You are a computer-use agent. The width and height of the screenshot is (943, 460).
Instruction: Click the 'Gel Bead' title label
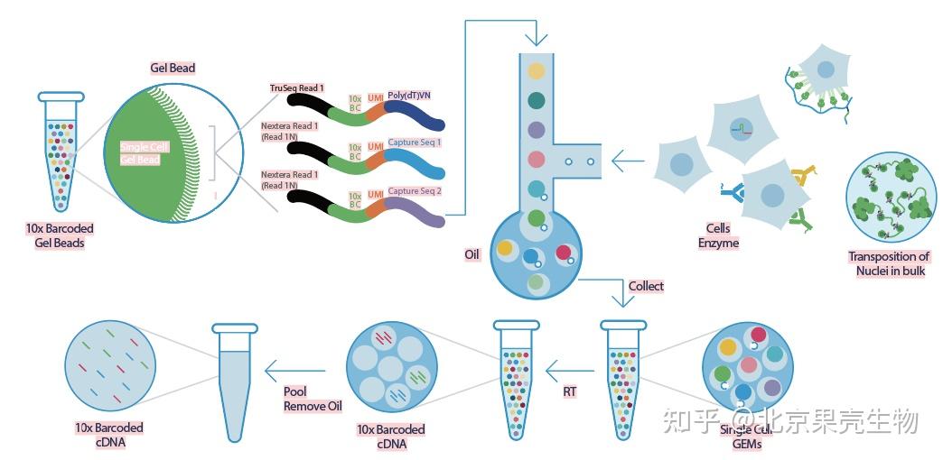[x=172, y=68]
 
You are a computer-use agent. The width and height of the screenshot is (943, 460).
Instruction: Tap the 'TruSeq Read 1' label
[x=297, y=88]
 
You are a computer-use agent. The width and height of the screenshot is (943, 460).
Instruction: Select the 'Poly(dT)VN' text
[x=409, y=94]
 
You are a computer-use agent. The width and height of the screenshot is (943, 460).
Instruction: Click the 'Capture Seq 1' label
[x=415, y=143]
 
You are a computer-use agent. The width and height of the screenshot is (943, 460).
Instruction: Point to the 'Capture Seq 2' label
[x=415, y=191]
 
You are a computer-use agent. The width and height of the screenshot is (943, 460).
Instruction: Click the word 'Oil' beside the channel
[x=471, y=255]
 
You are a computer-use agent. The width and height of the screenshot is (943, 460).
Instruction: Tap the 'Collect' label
[x=646, y=286]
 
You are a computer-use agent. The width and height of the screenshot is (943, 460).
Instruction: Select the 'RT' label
[x=569, y=392]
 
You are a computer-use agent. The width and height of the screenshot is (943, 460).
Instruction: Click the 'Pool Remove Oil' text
[x=313, y=399]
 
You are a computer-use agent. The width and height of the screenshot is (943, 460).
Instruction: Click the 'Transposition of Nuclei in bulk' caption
[x=889, y=263]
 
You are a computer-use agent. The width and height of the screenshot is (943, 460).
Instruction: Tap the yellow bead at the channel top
[x=537, y=70]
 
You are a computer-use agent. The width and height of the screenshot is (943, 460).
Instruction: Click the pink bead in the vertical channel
[x=537, y=160]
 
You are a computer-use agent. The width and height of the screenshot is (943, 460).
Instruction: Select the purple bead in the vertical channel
[x=537, y=130]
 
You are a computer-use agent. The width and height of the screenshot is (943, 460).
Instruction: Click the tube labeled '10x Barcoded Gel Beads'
[x=61, y=149]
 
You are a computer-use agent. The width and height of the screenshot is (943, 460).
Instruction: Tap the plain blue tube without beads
[x=235, y=379]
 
